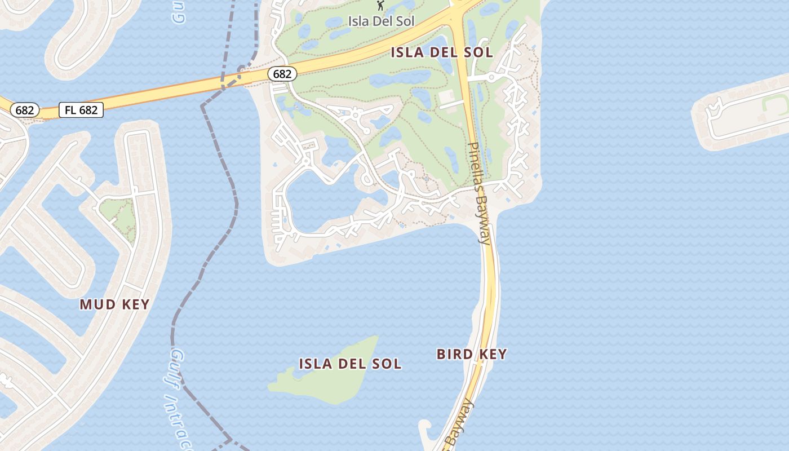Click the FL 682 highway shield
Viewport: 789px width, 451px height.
point(81,110)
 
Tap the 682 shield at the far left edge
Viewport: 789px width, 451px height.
point(24,110)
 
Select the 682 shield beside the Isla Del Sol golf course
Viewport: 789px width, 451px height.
point(282,74)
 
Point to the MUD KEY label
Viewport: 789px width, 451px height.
point(114,305)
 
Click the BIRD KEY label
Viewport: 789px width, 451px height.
point(472,354)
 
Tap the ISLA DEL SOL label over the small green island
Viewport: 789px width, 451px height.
point(350,364)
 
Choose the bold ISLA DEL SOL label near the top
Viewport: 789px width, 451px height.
point(442,53)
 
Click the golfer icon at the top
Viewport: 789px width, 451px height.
point(381,6)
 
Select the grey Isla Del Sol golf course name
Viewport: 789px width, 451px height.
point(381,21)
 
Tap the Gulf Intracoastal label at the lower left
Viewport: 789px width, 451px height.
point(179,395)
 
